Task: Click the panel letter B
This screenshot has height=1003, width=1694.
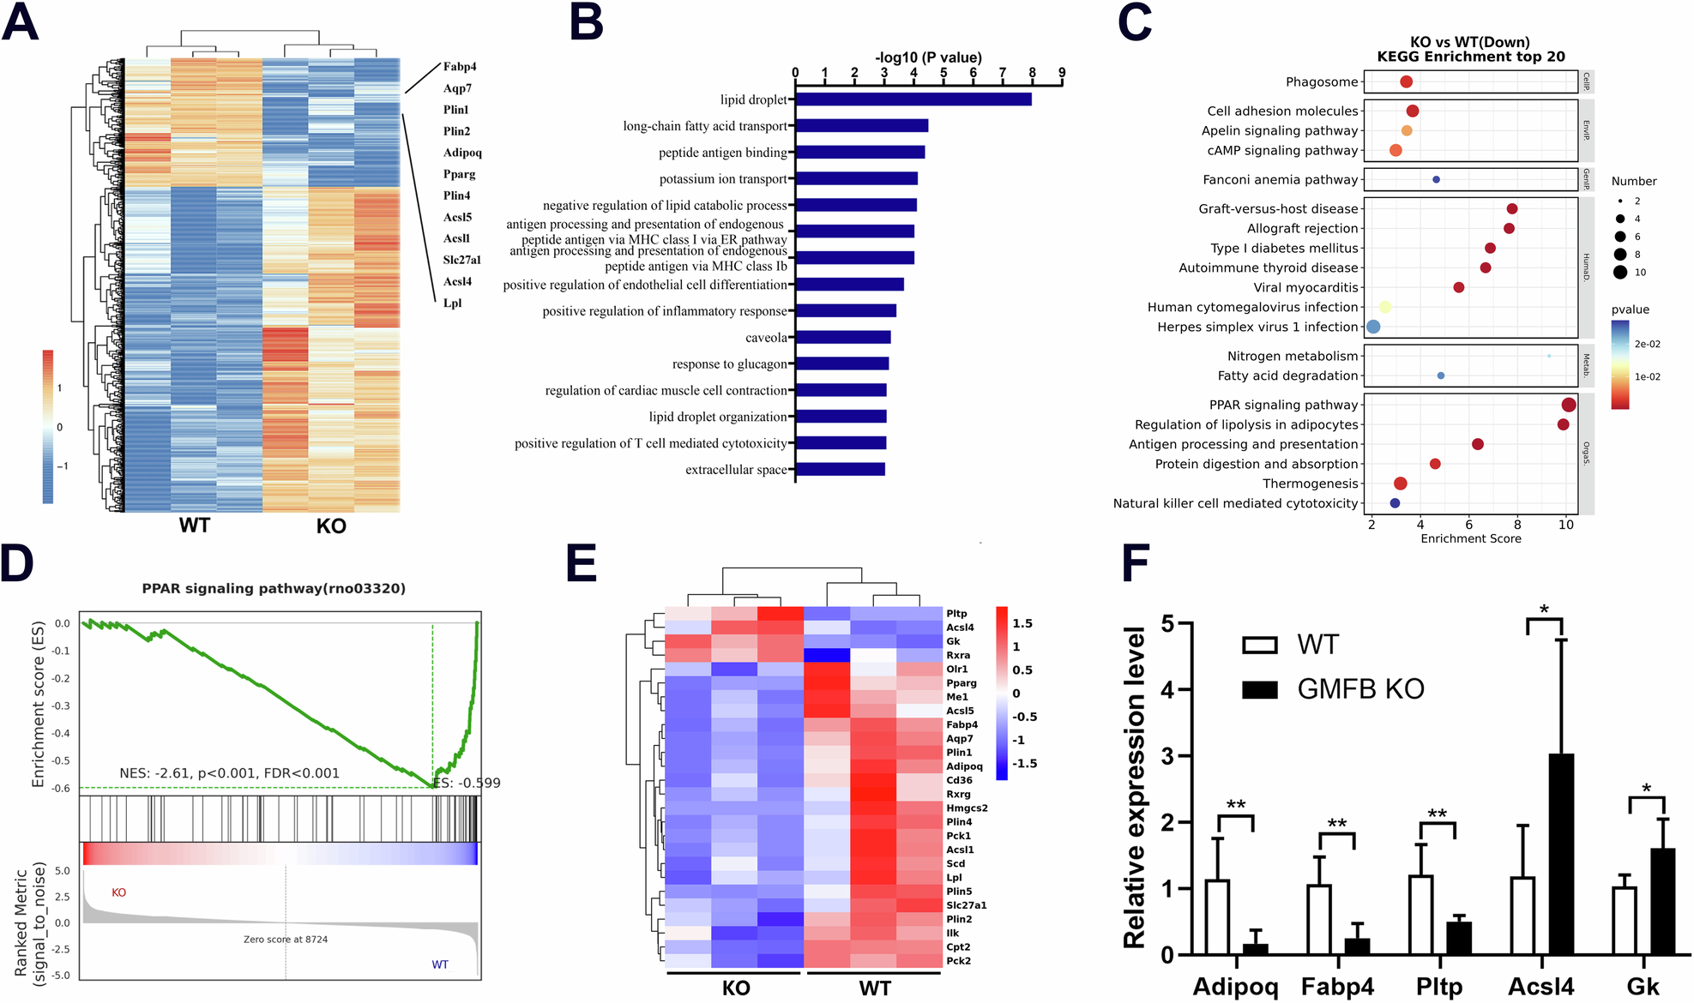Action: (587, 22)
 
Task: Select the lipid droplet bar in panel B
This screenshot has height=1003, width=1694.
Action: (913, 99)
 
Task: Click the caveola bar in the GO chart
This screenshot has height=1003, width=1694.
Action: (843, 338)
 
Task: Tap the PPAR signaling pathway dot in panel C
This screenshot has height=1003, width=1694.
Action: (1569, 405)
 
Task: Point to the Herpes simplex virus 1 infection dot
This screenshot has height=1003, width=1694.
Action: (1373, 327)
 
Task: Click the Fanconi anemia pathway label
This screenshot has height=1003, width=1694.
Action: (1280, 179)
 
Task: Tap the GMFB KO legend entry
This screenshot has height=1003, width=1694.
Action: (1359, 689)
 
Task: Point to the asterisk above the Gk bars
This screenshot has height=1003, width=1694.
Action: (1646, 788)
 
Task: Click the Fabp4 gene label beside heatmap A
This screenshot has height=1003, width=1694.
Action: (460, 67)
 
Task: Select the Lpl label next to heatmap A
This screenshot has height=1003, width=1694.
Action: (452, 303)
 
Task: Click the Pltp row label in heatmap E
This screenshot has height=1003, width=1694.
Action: (956, 614)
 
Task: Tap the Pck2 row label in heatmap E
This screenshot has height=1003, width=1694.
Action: (958, 961)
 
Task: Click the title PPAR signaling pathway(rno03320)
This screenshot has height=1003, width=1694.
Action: (274, 588)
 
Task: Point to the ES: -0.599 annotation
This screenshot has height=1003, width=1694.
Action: (467, 783)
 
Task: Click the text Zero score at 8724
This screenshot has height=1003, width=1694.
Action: (286, 940)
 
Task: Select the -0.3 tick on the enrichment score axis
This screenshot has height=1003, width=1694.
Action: (62, 706)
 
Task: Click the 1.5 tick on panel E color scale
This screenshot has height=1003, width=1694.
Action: (1022, 623)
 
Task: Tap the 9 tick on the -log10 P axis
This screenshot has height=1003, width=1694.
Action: (1062, 73)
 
